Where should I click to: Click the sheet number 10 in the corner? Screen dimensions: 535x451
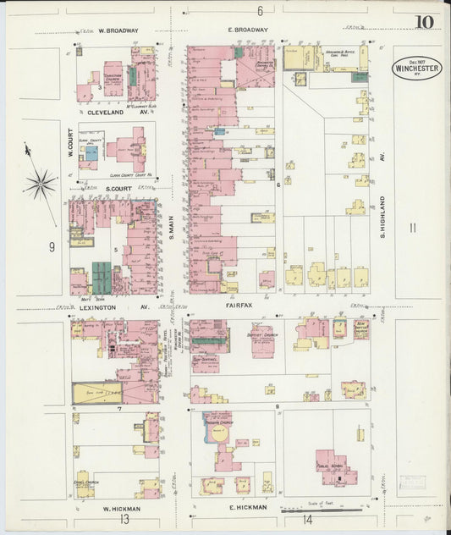click(x=424, y=22)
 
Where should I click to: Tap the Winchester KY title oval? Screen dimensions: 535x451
click(x=416, y=68)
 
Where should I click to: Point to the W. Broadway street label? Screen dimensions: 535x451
click(x=118, y=30)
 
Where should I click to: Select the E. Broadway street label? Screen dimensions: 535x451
click(x=247, y=30)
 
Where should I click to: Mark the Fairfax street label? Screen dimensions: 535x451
click(x=241, y=301)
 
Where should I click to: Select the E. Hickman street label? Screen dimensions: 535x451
click(x=247, y=507)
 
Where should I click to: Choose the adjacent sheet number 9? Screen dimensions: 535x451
click(x=52, y=246)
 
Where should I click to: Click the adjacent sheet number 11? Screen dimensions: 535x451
click(x=411, y=228)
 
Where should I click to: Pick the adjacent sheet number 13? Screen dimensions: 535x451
click(x=124, y=520)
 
